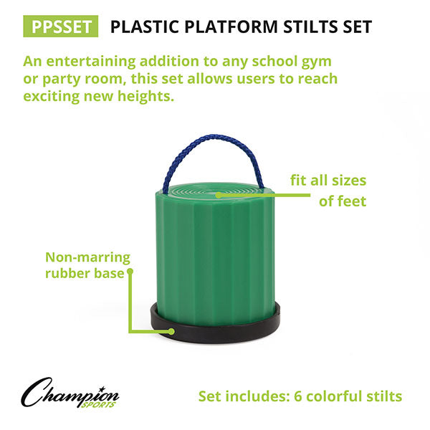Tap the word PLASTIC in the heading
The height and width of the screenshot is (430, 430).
[143, 27]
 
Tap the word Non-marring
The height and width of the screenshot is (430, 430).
[87, 257]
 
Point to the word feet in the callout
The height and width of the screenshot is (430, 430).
[351, 201]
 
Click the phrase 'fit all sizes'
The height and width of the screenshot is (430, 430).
[328, 180]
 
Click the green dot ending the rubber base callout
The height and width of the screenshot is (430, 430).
[131, 272]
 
